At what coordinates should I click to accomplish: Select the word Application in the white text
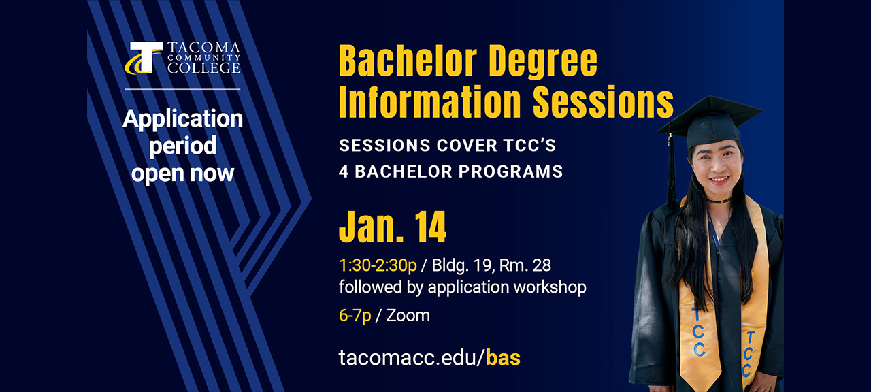pyautogui.click(x=182, y=119)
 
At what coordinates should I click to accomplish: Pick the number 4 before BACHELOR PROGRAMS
pyautogui.click(x=344, y=171)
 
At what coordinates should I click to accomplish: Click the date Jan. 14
pyautogui.click(x=393, y=229)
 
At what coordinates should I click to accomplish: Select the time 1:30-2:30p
pyautogui.click(x=378, y=265)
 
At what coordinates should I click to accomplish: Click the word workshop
pyautogui.click(x=550, y=287)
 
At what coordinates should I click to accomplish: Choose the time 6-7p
pyautogui.click(x=355, y=316)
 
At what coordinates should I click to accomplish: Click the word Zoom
pyautogui.click(x=408, y=316)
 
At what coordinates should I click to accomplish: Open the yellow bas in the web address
pyautogui.click(x=503, y=357)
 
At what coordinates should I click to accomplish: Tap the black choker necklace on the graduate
pyautogui.click(x=718, y=200)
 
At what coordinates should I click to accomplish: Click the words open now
pyautogui.click(x=182, y=174)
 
